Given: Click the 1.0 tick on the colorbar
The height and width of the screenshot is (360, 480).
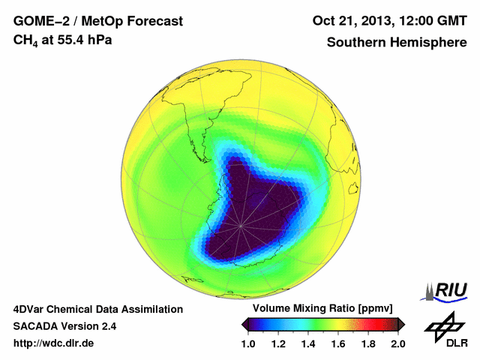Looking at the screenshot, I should (248, 343).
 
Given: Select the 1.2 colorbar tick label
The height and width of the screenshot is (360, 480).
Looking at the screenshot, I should (278, 343).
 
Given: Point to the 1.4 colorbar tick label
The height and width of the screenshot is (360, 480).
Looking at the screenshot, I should (308, 343).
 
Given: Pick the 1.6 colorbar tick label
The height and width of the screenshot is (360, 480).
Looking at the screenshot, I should (338, 343).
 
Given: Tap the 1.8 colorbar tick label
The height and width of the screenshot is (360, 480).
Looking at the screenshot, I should (368, 343).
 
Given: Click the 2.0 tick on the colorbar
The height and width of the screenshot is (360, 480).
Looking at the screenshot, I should (397, 343).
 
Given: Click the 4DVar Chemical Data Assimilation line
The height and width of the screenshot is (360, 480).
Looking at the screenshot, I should (97, 309).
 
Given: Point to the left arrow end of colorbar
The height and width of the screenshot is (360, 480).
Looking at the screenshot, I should (244, 324).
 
